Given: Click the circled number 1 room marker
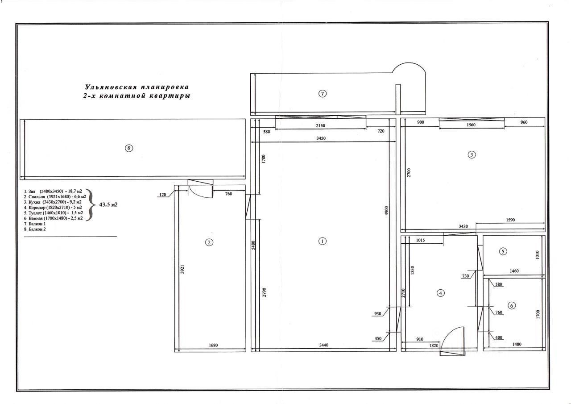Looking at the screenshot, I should [x=323, y=241].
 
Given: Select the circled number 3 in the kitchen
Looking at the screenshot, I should [x=472, y=155].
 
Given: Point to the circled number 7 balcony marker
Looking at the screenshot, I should [x=323, y=93].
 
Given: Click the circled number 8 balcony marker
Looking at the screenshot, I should [x=129, y=149].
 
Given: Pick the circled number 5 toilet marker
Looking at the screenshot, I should [x=503, y=251].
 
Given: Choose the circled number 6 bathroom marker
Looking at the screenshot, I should [x=512, y=305].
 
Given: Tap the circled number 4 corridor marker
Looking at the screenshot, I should [x=441, y=293].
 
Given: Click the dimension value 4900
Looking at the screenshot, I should [x=387, y=210].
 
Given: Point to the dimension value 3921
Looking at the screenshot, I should [x=182, y=270].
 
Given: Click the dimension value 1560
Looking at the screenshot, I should [x=471, y=125].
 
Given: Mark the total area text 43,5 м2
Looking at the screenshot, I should [x=108, y=204].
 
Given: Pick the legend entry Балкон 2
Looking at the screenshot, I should [x=35, y=229].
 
